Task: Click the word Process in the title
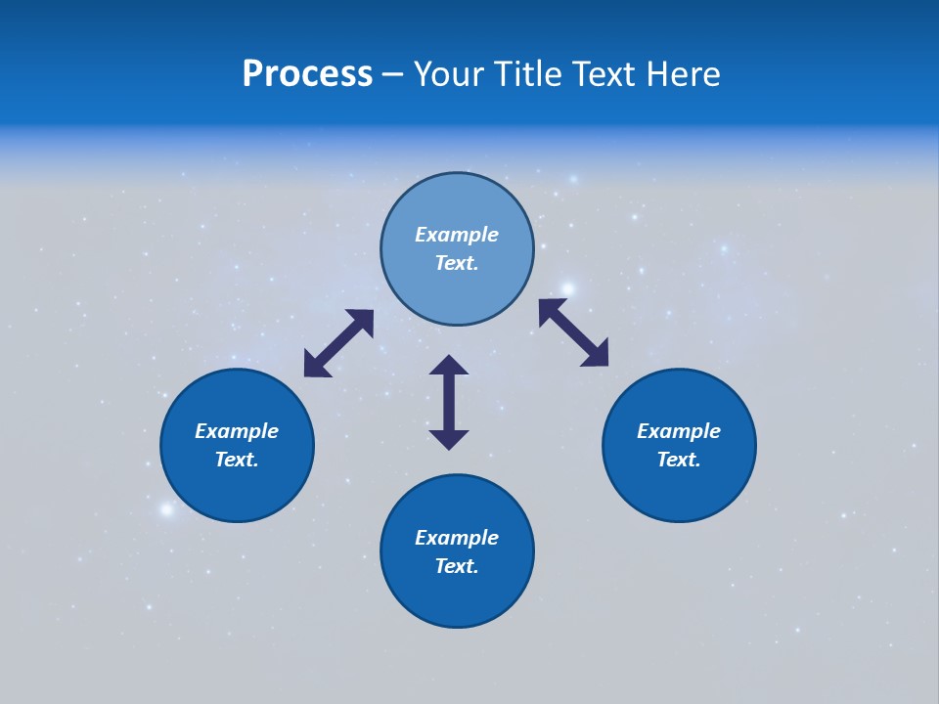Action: pyautogui.click(x=307, y=74)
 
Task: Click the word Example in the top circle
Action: pyautogui.click(x=457, y=235)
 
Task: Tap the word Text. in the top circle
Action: pyautogui.click(x=457, y=263)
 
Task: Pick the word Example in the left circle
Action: pyautogui.click(x=237, y=431)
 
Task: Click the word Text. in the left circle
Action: pyautogui.click(x=237, y=460)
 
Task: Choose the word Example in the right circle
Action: pyautogui.click(x=679, y=431)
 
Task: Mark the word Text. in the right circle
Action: pyautogui.click(x=679, y=460)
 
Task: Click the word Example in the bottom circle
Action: pyautogui.click(x=457, y=538)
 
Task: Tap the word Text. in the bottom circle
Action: pyautogui.click(x=457, y=566)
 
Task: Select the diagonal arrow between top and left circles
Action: pyautogui.click(x=338, y=343)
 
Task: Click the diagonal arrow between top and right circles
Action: pyautogui.click(x=573, y=332)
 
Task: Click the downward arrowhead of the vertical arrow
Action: pyautogui.click(x=449, y=439)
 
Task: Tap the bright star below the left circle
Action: pyautogui.click(x=166, y=508)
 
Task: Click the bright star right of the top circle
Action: pyautogui.click(x=568, y=288)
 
